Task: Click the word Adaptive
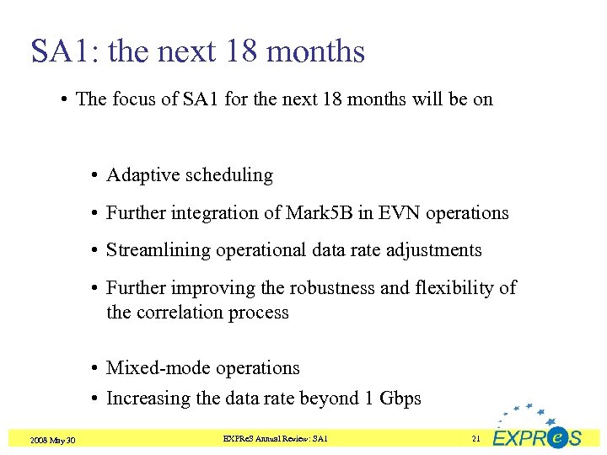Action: click(x=138, y=175)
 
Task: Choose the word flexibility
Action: click(x=454, y=288)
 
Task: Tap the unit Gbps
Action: click(x=400, y=399)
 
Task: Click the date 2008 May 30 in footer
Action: click(x=51, y=441)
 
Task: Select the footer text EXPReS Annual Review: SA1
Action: click(x=275, y=439)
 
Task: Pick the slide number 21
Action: click(x=475, y=439)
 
